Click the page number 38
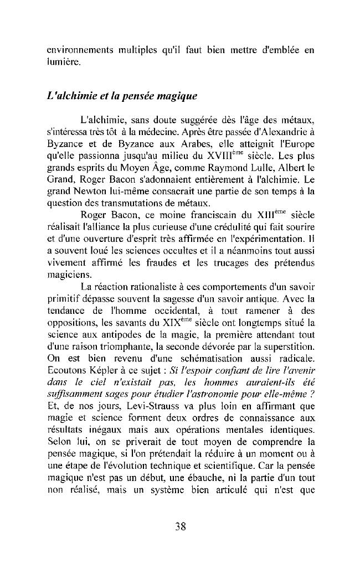coord(179,526)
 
